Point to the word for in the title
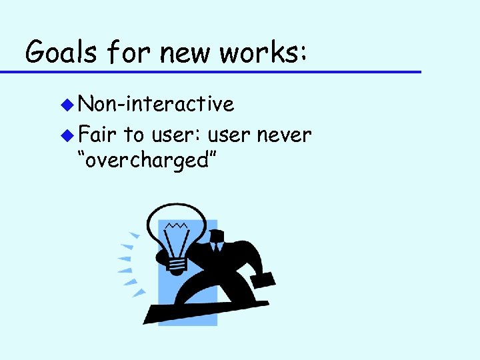(x=123, y=51)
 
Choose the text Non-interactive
(x=156, y=104)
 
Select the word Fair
(x=97, y=135)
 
